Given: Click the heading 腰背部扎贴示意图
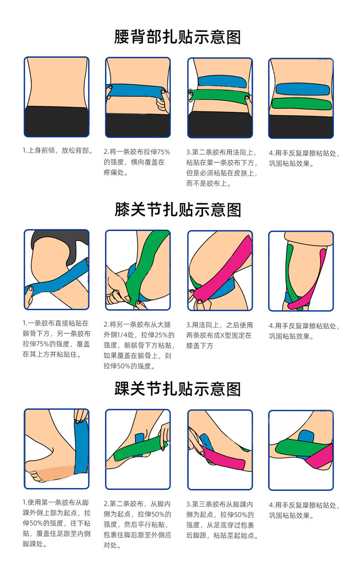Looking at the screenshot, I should [177, 37].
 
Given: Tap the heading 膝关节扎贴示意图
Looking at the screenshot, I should [177, 210].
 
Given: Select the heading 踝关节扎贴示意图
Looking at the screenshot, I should [177, 389].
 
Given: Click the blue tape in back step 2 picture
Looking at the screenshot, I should [132, 91].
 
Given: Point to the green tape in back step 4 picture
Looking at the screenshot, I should [300, 104].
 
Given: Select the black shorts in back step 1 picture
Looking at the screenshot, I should [57, 121].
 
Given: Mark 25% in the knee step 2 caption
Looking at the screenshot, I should [161, 335].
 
